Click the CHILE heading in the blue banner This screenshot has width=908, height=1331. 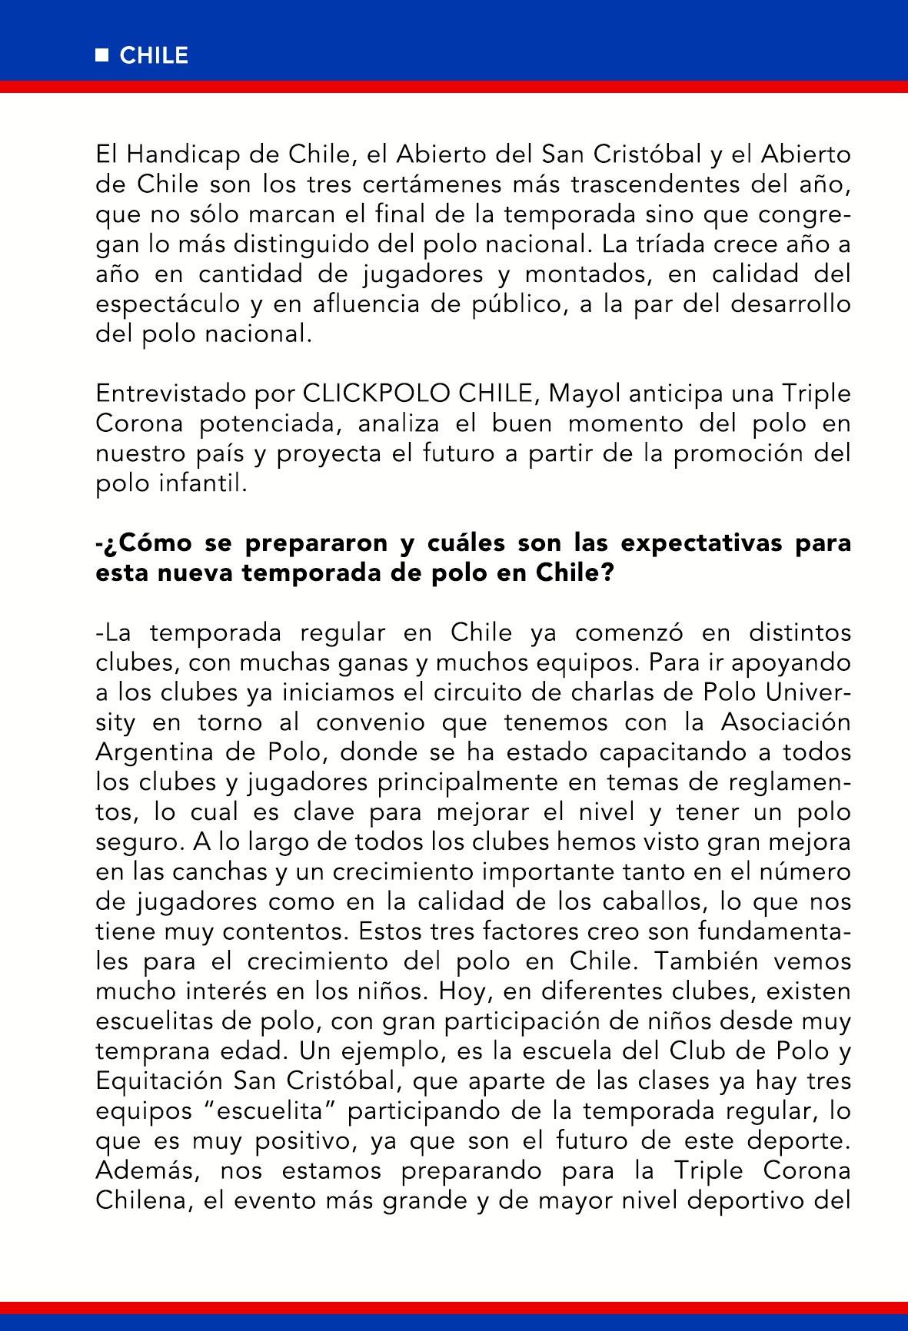pos(154,56)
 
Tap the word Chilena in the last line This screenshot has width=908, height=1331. pos(142,1200)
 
